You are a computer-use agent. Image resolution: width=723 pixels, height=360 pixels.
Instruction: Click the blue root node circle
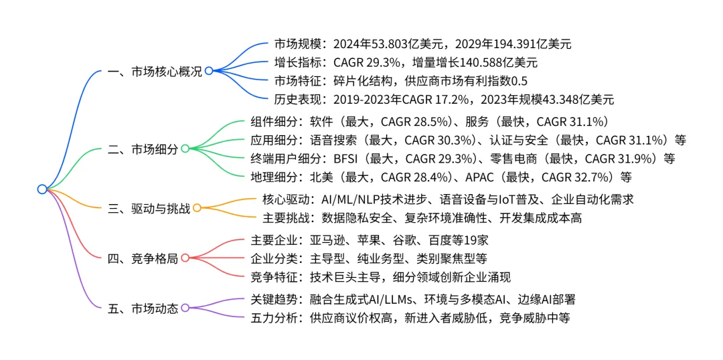coord(42,189)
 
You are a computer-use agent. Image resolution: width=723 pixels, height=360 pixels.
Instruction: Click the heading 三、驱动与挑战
coord(149,207)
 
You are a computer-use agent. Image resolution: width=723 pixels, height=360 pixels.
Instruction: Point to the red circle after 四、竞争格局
coord(185,258)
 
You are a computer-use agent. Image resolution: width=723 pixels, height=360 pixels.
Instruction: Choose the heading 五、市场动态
coord(143,308)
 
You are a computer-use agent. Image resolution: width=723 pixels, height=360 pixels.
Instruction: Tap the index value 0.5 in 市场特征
coord(519,82)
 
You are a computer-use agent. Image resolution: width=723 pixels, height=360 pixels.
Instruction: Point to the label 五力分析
coord(274,318)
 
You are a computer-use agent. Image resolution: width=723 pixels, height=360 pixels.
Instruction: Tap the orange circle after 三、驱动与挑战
coord(197,207)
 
